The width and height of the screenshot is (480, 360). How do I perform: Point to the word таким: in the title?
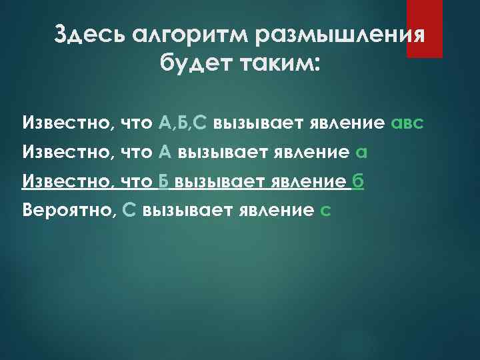tap(279, 65)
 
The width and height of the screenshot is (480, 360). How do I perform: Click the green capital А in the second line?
tap(165, 153)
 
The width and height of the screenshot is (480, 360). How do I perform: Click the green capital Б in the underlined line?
tap(164, 182)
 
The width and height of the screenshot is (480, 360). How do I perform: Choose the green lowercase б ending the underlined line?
tap(358, 182)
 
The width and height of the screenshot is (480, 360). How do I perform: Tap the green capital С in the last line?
tap(130, 211)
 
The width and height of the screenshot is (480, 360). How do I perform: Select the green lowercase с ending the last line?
tap(325, 211)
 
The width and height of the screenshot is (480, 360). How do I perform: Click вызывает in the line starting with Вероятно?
tap(177, 211)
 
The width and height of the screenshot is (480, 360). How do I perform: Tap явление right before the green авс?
tap(347, 123)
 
